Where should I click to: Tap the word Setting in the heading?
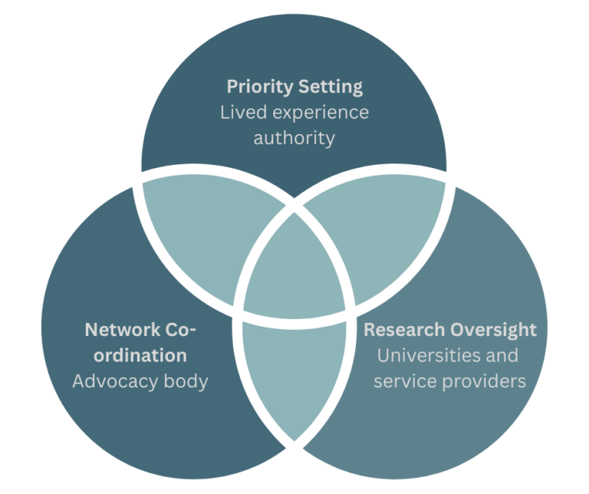point(333,87)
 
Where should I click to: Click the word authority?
point(294,139)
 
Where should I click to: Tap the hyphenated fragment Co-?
point(181,331)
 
